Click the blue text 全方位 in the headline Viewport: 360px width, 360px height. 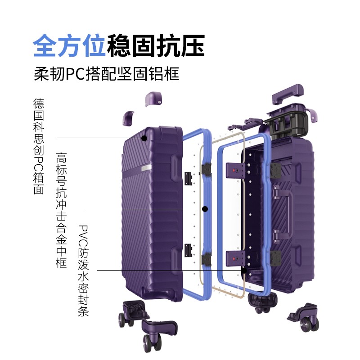click(69, 45)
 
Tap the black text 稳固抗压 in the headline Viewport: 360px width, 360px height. click(156, 45)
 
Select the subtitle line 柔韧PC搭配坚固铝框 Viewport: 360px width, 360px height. click(107, 74)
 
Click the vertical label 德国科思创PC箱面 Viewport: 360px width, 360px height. click(39, 146)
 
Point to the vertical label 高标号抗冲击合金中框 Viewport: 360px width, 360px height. click(61, 210)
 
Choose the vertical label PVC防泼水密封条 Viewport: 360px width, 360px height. click(83, 271)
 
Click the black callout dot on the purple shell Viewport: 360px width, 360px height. click(144, 138)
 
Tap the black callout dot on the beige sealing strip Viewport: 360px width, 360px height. click(205, 209)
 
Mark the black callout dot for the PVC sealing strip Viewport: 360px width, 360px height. click(244, 270)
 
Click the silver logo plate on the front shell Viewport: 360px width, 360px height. click(146, 168)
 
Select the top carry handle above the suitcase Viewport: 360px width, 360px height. click(288, 94)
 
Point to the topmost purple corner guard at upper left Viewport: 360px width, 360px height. click(153, 99)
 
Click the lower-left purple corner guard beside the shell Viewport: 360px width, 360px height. click(128, 118)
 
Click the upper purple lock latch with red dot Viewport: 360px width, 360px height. click(235, 171)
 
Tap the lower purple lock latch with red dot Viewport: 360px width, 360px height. click(235, 258)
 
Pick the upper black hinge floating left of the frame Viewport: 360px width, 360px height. click(188, 179)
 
